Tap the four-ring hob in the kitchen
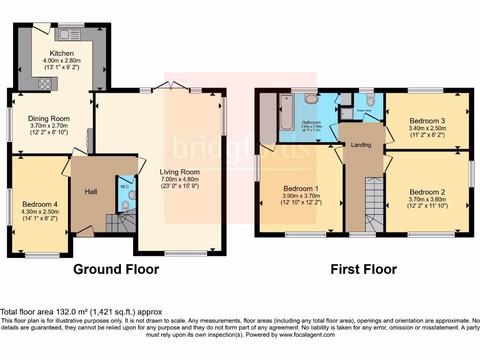[x=45, y=84]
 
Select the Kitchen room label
[x=61, y=53]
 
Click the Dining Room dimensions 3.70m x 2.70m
[x=48, y=126]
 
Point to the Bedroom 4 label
[x=40, y=204]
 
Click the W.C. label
[x=124, y=186]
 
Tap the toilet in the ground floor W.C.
[x=125, y=205]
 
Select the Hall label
[x=91, y=192]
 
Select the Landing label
[x=361, y=145]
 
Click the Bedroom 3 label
[x=427, y=120]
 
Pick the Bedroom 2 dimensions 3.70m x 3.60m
[x=427, y=199]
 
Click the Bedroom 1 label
[x=300, y=189]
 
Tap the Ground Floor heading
[x=116, y=270]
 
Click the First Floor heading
[x=364, y=270]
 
